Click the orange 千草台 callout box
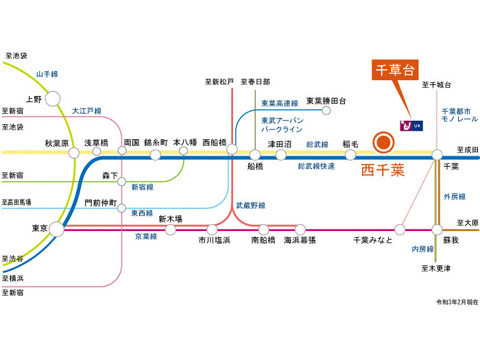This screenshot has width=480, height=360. (x=396, y=70)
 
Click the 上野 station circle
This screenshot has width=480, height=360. (x=53, y=99)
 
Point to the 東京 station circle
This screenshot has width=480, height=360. (x=56, y=228)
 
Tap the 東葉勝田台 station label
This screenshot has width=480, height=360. (x=326, y=100)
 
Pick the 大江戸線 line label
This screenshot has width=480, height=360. (x=86, y=110)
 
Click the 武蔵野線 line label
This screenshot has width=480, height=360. (x=250, y=204)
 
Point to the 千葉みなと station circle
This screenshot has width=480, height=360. (x=400, y=229)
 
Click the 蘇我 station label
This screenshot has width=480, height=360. (x=451, y=240)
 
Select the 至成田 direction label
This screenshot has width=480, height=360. (x=466, y=149)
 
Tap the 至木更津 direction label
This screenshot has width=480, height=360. (x=436, y=268)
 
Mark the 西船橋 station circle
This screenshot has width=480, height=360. (x=232, y=149)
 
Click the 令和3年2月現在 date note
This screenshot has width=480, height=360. (x=456, y=302)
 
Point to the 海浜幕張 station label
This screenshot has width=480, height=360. (x=300, y=240)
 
